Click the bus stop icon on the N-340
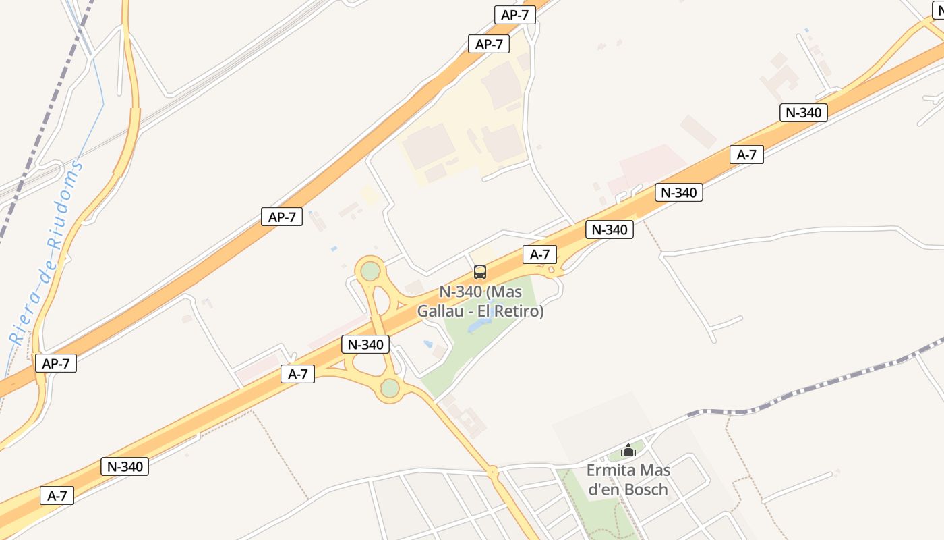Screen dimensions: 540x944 click(480, 272)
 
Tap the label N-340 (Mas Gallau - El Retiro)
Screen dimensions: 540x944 click(480, 302)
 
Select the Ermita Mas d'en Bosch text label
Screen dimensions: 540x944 click(628, 479)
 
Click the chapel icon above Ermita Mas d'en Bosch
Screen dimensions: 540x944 click(628, 450)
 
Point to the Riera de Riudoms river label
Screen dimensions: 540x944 click(47, 253)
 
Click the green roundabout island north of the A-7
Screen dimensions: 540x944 click(370, 271)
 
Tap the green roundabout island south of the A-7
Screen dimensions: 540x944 click(390, 388)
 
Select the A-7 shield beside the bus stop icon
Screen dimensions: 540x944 click(539, 254)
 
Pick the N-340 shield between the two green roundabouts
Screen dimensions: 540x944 click(365, 344)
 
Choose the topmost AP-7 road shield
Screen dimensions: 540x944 click(514, 15)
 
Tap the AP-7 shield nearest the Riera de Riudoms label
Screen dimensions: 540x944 click(56, 363)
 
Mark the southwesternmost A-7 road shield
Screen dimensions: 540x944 click(57, 495)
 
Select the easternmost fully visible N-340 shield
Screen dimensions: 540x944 click(803, 113)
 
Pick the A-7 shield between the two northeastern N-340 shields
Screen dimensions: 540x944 click(746, 155)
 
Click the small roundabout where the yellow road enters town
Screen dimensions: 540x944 click(493, 472)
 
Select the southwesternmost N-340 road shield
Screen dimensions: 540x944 click(125, 466)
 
